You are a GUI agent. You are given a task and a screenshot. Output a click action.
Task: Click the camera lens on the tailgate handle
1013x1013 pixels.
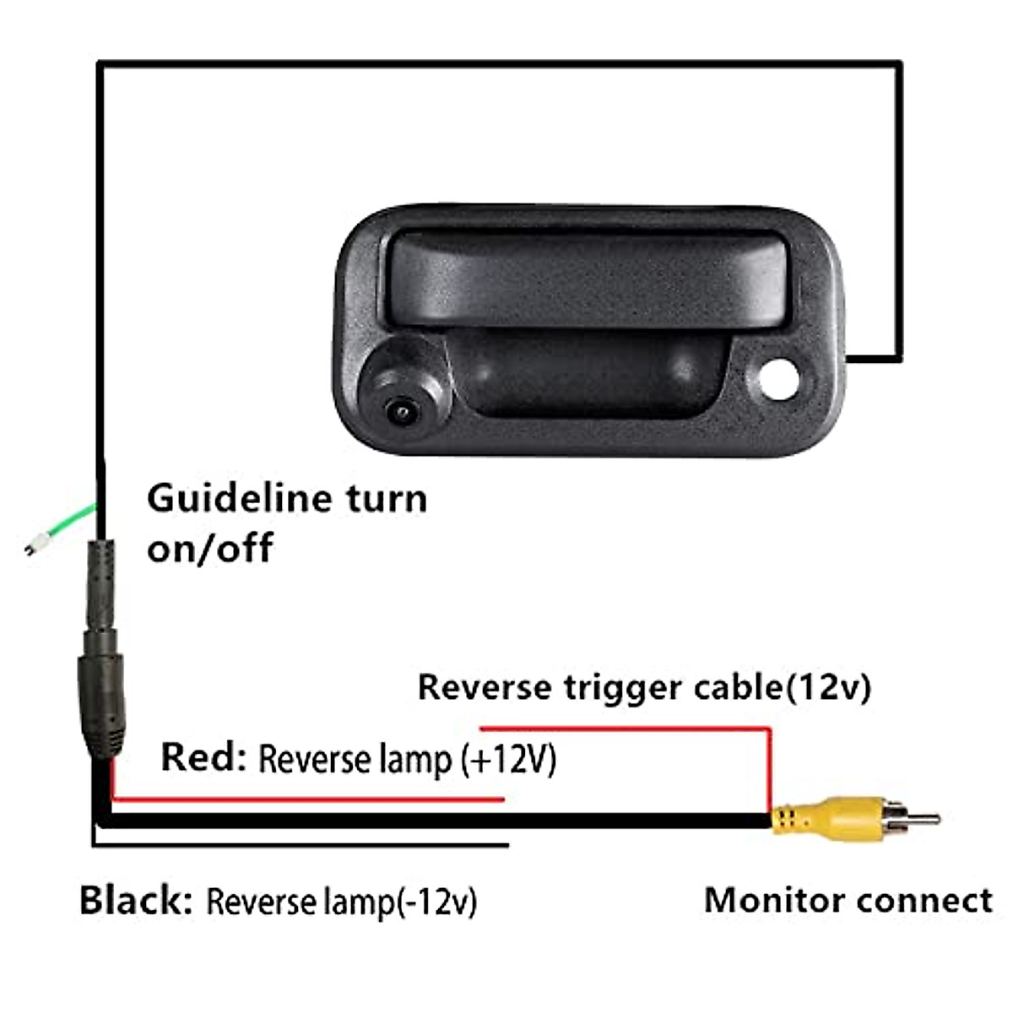coord(402,412)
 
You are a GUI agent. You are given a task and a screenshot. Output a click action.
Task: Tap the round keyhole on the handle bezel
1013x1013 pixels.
coord(779,379)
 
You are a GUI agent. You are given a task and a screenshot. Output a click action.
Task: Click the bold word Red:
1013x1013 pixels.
coord(203,757)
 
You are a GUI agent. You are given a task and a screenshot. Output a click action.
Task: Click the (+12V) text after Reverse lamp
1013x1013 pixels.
coord(508,760)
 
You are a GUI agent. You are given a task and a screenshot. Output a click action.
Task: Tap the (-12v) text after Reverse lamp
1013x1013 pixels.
coord(436,902)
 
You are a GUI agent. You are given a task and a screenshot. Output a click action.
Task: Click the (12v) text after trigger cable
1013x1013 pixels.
coord(828,687)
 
